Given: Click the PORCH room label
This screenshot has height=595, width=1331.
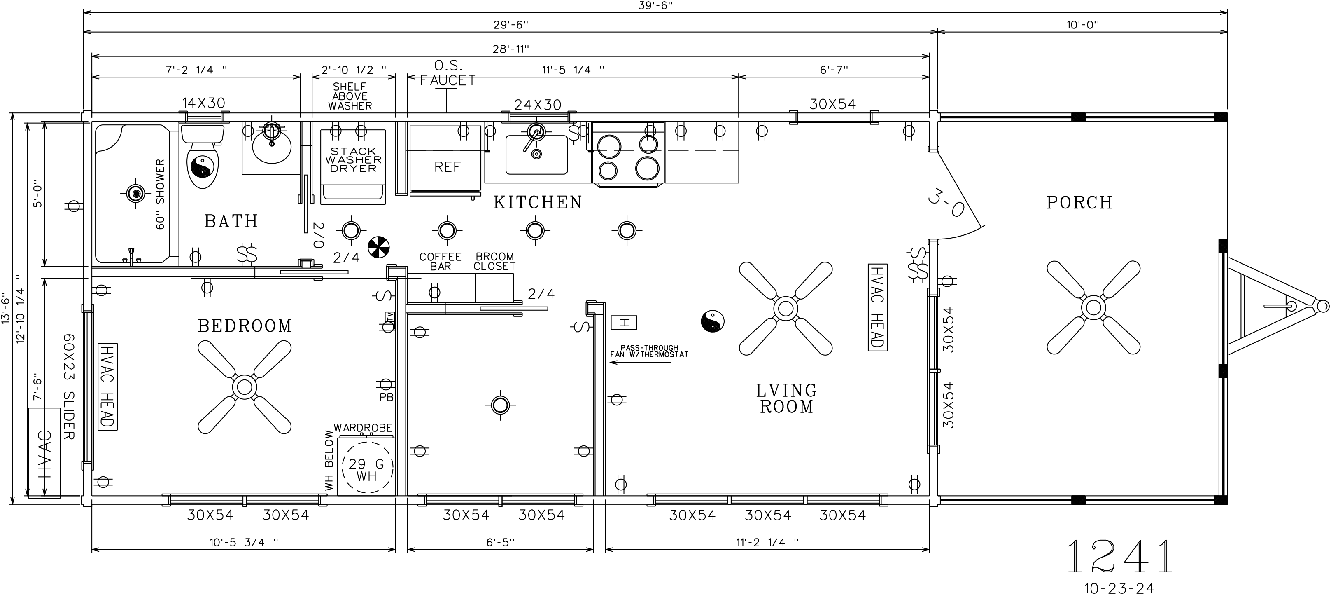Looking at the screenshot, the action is click(x=1079, y=203).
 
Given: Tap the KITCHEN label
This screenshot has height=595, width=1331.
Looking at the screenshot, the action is click(x=538, y=203).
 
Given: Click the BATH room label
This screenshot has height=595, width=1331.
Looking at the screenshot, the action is click(x=231, y=221).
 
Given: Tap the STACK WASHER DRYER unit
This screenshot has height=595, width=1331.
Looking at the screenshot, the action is click(x=353, y=165).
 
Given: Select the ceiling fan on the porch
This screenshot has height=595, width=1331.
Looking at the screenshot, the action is click(x=1093, y=307).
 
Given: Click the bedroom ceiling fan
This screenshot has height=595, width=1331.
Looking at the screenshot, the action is click(x=245, y=387).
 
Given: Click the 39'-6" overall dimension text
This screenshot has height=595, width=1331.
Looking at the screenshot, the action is click(x=656, y=6).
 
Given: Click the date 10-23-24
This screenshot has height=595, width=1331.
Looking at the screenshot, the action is click(x=1119, y=588).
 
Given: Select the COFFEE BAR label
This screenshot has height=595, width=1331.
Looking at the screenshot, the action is click(x=440, y=262).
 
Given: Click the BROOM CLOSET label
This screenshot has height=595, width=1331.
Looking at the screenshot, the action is click(x=494, y=262).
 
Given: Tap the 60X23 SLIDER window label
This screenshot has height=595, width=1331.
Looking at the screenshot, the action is click(x=69, y=387).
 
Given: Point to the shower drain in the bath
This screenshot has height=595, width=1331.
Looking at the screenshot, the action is click(x=136, y=194).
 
